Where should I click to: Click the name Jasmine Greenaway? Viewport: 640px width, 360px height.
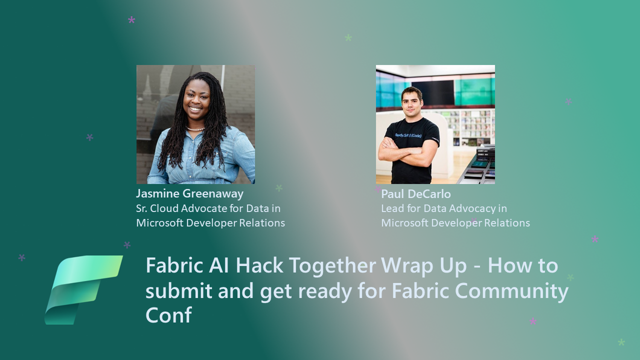(x=190, y=193)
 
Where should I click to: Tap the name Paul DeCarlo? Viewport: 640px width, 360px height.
(x=416, y=194)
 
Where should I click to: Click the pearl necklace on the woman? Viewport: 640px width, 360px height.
(x=195, y=129)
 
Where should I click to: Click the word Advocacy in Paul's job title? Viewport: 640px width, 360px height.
(x=471, y=208)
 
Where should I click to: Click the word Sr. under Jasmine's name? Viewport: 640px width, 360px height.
(x=142, y=208)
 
